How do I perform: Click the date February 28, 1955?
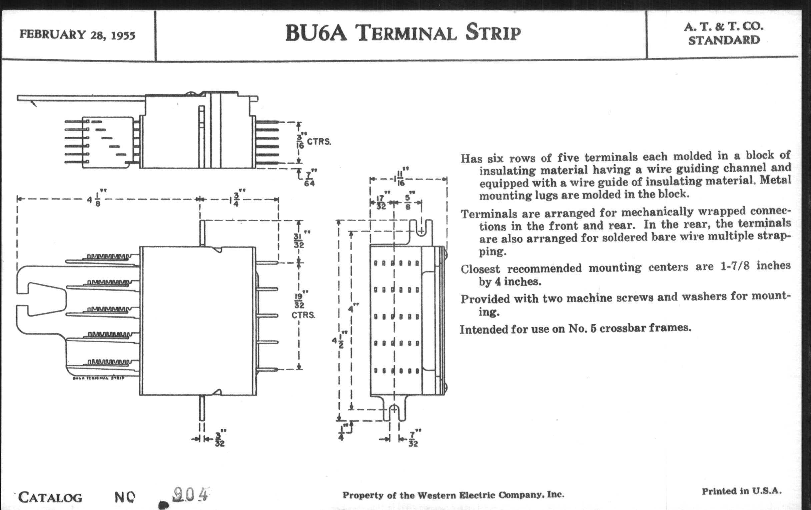click(77, 35)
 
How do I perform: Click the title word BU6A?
click(316, 33)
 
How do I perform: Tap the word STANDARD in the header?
click(724, 40)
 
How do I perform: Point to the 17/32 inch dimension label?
click(381, 202)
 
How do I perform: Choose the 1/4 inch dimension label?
click(341, 433)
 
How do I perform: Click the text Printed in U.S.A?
click(742, 491)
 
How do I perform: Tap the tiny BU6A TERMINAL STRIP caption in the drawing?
click(98, 378)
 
